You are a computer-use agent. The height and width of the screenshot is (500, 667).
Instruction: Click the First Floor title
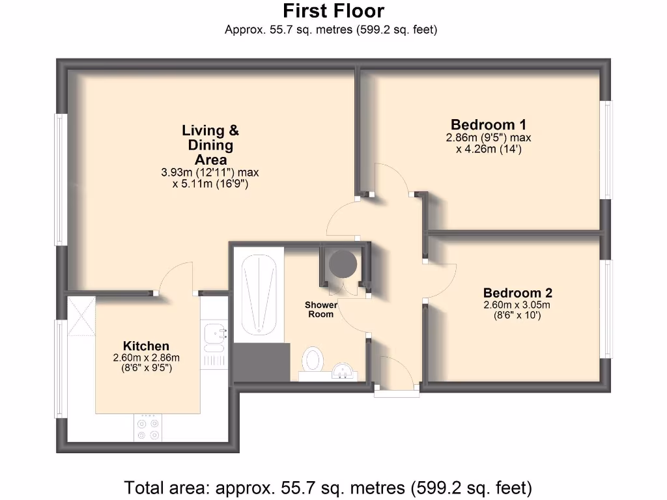coord(333,11)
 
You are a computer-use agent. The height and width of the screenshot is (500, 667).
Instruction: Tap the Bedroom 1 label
coord(489,124)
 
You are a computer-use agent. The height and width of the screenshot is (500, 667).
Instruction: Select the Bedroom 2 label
coord(517,293)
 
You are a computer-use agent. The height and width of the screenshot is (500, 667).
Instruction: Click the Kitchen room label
coord(146,346)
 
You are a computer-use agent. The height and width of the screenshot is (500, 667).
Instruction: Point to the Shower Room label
coord(321,309)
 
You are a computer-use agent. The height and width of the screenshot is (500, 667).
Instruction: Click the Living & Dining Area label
coord(210,145)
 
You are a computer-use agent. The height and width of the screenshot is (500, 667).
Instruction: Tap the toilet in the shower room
coord(314,359)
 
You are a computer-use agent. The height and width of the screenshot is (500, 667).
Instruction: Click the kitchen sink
coord(214,334)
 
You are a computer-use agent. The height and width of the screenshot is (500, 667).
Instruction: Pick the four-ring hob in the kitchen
coord(147,428)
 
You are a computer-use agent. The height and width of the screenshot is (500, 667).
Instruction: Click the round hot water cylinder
coord(343,264)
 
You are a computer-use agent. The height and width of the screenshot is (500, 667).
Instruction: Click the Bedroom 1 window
coord(607,150)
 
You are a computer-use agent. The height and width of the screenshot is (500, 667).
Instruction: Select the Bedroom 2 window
coord(607,309)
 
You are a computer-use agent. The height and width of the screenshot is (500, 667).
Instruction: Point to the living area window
coord(61,180)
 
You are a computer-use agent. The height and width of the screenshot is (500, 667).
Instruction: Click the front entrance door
coord(397,392)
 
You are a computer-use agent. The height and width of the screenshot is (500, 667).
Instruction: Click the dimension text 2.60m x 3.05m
coord(517,305)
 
